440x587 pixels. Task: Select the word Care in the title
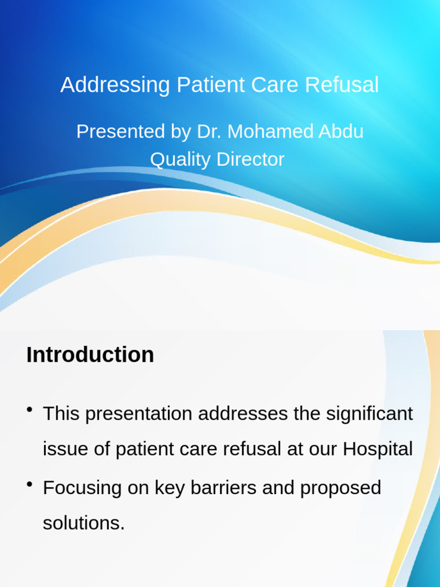278,85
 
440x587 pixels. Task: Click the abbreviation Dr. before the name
209,131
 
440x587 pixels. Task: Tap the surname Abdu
341,131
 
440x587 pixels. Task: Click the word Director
250,159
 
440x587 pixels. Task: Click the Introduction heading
90,355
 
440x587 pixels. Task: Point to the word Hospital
378,449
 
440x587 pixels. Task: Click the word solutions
83,523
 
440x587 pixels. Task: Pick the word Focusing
81,488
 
